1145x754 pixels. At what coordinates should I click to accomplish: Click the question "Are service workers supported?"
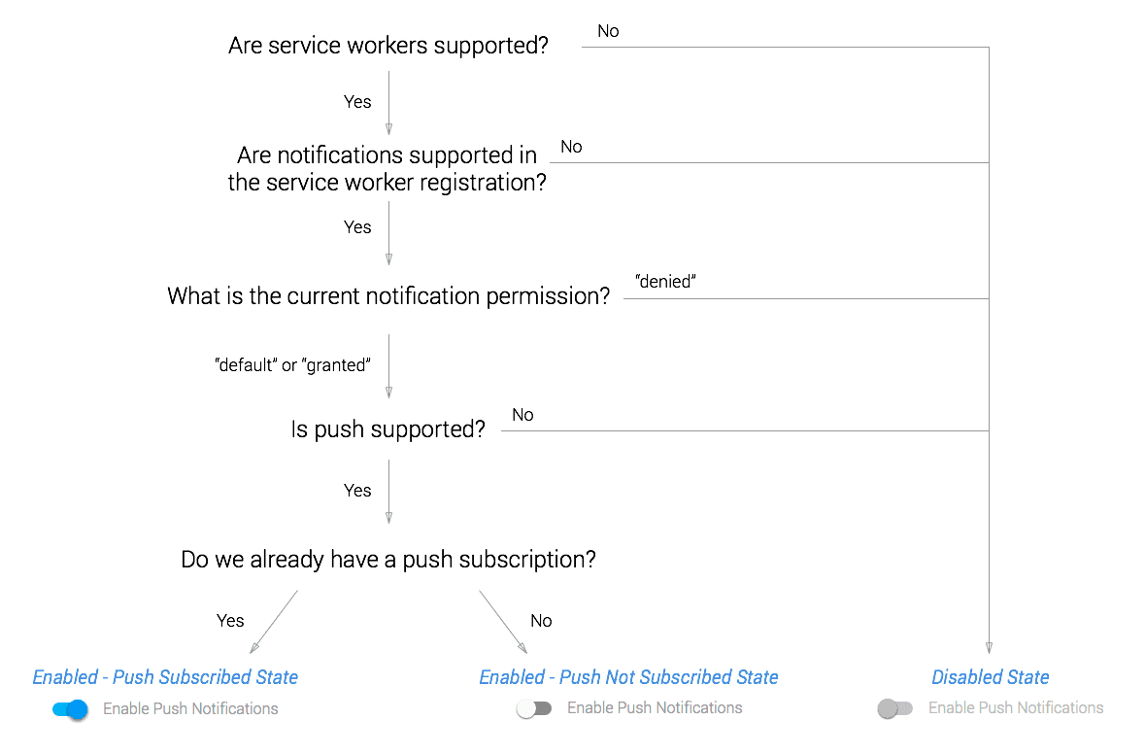[x=388, y=46]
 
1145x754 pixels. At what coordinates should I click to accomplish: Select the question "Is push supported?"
[x=387, y=428]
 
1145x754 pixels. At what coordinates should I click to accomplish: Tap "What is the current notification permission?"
[x=388, y=295]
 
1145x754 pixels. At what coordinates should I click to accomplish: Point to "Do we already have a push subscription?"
[x=388, y=560]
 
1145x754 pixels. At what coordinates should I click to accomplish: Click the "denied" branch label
[x=666, y=282]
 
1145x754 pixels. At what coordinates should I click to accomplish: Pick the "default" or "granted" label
[x=292, y=365]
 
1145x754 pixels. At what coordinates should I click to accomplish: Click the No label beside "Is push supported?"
[x=522, y=415]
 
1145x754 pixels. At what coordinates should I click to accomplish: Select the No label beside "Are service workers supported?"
[x=608, y=31]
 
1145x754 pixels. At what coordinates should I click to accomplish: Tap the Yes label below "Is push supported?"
[x=357, y=491]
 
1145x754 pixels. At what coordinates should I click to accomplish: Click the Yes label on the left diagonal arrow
[x=230, y=621]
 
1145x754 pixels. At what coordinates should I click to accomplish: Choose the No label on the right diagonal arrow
[x=541, y=621]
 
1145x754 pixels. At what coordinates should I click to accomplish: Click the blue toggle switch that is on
[x=71, y=709]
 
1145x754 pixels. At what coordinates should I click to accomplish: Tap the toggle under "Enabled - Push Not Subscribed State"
[x=534, y=709]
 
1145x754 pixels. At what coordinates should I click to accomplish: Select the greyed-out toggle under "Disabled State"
[x=894, y=709]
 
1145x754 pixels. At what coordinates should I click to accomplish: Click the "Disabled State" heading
[x=990, y=677]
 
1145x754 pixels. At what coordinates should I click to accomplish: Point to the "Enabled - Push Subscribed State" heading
[x=165, y=677]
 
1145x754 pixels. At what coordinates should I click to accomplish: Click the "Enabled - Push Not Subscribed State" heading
[x=628, y=677]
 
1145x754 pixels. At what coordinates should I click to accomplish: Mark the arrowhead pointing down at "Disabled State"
[x=989, y=647]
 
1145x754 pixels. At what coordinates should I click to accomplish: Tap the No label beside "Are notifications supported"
[x=571, y=147]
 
